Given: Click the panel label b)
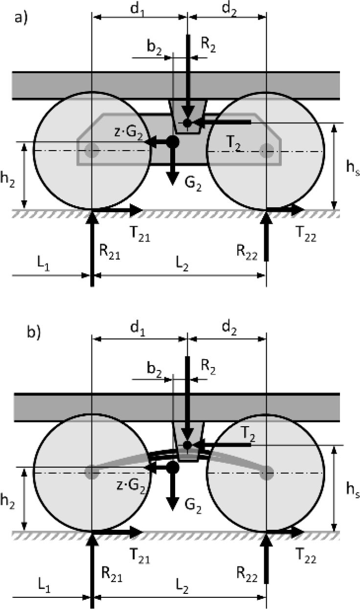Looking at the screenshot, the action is pos(34,332).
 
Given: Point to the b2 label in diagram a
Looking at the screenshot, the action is pos(154,48).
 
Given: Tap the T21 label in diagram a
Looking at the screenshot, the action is pos(140,234).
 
